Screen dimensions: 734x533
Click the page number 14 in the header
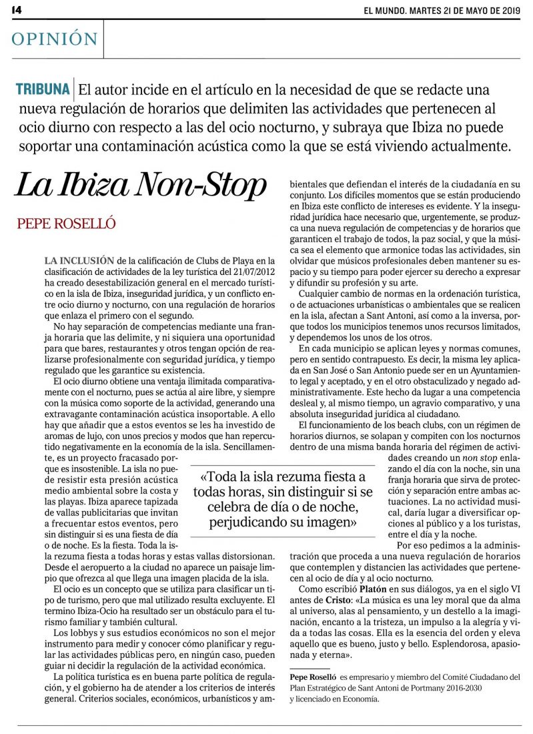17,10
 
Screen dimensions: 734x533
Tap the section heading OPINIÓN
55,39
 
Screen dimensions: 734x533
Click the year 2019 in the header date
508,10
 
